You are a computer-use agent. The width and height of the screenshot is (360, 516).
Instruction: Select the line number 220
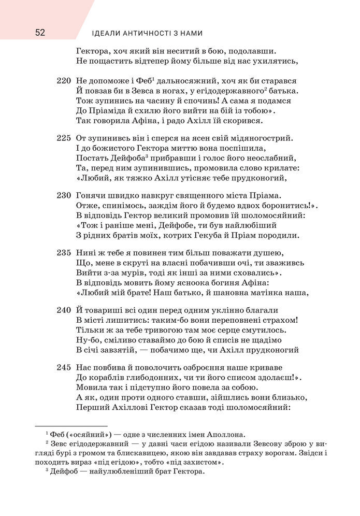point(62,81)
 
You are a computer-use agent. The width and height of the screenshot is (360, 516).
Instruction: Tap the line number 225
point(62,138)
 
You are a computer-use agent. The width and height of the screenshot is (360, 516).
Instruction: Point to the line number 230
point(62,196)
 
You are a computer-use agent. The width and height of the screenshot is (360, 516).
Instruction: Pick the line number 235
point(62,253)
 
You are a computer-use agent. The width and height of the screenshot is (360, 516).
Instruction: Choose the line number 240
point(62,310)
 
